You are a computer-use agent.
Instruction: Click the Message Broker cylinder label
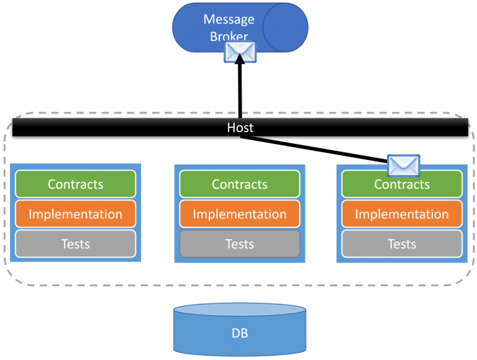[x=229, y=27]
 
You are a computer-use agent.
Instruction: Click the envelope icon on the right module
[x=403, y=165]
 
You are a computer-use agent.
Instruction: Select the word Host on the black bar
[x=240, y=127]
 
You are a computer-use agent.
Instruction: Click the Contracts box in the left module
[x=75, y=184]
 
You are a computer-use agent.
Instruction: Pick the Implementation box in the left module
[x=75, y=214]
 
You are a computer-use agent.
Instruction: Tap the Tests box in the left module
[x=75, y=244]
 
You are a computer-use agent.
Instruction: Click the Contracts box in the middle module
[x=240, y=184]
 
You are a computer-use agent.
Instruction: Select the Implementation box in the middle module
[x=240, y=214]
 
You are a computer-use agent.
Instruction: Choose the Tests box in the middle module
[x=240, y=244]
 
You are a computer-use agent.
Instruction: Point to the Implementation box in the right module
[x=402, y=214]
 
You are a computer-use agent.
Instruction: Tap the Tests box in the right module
[x=402, y=244]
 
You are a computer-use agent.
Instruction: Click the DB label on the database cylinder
[x=240, y=334]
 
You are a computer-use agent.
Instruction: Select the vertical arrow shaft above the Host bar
[x=240, y=93]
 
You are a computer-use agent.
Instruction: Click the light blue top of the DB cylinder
[x=240, y=310]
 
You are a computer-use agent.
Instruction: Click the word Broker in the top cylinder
[x=229, y=37]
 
